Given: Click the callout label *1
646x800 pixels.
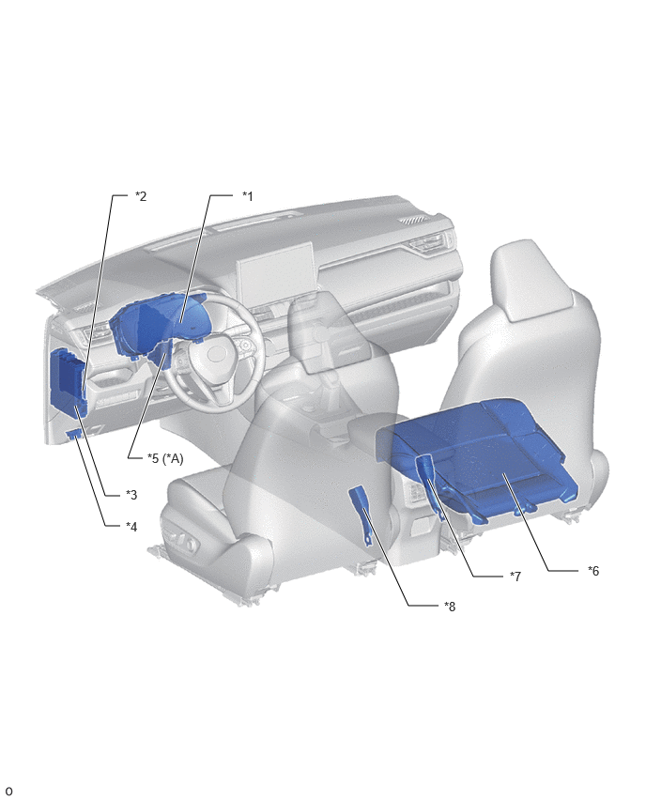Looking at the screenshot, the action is (x=248, y=196).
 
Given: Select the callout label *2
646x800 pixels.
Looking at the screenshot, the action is (x=141, y=196).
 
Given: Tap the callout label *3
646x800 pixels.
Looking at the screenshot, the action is (x=131, y=495).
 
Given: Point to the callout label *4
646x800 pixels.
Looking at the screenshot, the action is (x=131, y=526).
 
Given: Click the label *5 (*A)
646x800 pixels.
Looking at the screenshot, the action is (x=165, y=458).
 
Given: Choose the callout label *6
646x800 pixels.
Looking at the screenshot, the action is (x=592, y=570).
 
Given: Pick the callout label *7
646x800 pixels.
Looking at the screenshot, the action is (x=515, y=576).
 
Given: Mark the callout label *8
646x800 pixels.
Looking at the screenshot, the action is (x=450, y=607).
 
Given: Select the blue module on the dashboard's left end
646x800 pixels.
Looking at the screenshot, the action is (x=69, y=380).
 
